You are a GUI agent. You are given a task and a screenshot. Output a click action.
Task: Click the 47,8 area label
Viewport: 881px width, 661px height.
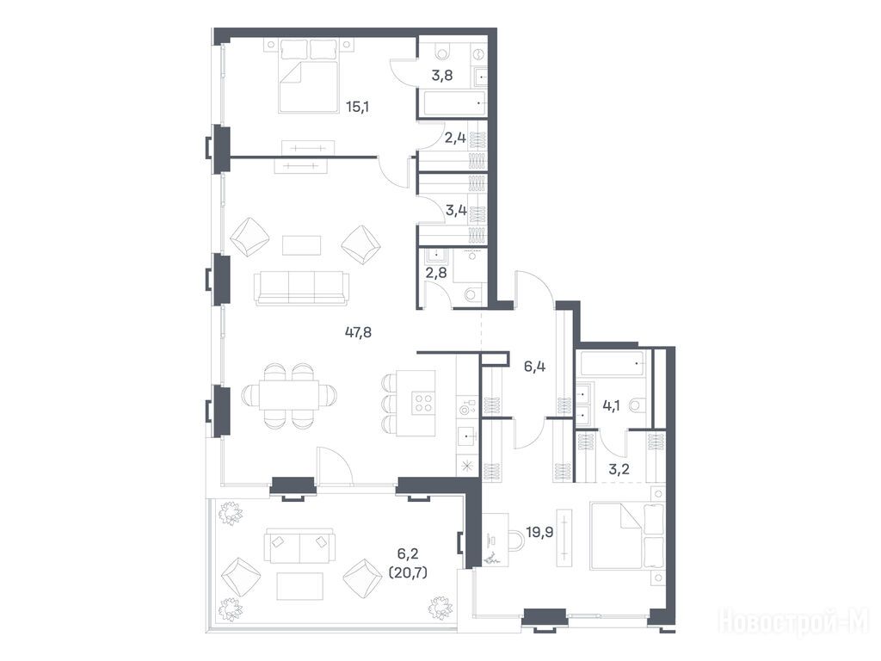tap(358, 332)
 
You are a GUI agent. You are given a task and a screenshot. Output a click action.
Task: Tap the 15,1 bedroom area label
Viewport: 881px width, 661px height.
tap(357, 106)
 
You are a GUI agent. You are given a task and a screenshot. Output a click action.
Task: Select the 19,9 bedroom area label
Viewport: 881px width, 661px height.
tap(539, 532)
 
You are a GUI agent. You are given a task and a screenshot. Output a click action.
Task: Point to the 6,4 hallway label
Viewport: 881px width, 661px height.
tap(534, 367)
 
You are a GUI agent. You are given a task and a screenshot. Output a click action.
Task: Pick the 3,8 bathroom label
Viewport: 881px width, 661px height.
tap(442, 75)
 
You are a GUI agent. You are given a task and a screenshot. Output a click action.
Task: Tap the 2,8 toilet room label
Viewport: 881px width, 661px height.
tap(436, 273)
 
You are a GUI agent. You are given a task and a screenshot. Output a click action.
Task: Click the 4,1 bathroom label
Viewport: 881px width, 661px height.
tap(611, 405)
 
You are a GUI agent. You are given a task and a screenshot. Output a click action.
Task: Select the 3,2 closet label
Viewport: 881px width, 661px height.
tap(619, 469)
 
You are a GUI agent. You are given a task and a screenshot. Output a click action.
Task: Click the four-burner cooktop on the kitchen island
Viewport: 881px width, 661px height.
tap(422, 403)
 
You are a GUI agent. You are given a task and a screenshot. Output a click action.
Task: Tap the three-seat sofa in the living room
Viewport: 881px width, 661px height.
tap(301, 288)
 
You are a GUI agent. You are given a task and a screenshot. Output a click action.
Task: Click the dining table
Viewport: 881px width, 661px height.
tap(289, 395)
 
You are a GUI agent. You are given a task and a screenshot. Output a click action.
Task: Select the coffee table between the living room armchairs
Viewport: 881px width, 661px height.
tap(302, 245)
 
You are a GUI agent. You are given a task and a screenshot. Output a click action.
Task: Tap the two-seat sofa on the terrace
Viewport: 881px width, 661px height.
tap(299, 545)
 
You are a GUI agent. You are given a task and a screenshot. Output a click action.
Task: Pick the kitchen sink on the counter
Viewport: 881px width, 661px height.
tap(467, 436)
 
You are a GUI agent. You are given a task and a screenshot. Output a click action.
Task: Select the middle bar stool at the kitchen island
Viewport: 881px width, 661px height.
tap(389, 403)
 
